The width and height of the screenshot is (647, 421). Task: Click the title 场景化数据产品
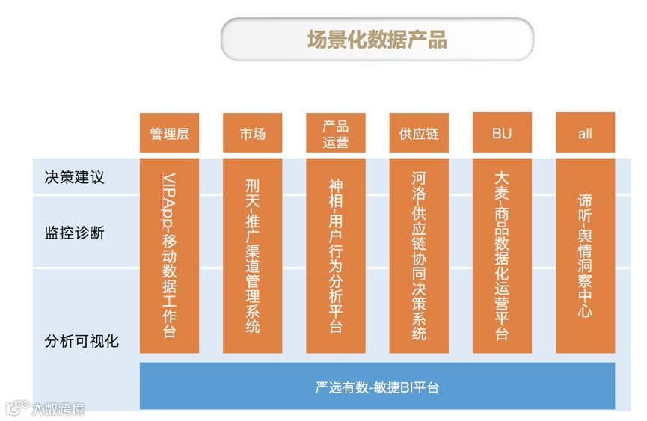(x=377, y=39)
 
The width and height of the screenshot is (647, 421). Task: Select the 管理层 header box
(x=169, y=133)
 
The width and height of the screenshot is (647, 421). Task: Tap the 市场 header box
(x=252, y=133)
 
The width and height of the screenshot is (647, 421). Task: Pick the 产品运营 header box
(x=335, y=133)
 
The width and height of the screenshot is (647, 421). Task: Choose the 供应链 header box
(x=418, y=133)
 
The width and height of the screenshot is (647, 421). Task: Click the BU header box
(x=502, y=133)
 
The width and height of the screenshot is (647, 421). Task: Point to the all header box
(x=585, y=133)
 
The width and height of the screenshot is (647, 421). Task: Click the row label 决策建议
(x=74, y=177)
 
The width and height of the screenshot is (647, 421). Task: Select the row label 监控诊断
(x=74, y=233)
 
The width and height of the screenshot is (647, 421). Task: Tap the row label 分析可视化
(x=82, y=342)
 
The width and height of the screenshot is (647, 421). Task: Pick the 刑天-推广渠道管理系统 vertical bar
(x=252, y=254)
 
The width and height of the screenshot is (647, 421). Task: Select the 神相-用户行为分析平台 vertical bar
(x=335, y=254)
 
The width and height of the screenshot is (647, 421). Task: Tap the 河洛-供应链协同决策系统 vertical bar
(x=418, y=254)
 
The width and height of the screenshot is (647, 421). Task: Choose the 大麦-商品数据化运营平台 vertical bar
(x=502, y=254)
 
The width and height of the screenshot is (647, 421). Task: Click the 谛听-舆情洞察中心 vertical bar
(x=585, y=254)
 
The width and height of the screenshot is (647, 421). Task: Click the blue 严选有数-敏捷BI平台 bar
(x=377, y=387)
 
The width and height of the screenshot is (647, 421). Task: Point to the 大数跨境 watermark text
(x=58, y=409)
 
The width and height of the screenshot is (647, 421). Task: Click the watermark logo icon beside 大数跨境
(x=16, y=408)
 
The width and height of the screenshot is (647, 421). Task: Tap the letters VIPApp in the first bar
(x=170, y=198)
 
